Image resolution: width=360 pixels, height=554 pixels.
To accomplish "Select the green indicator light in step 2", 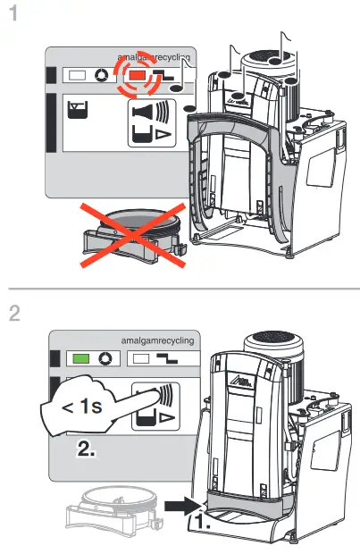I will (78, 357).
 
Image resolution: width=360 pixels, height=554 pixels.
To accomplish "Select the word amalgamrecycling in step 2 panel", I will (158, 340).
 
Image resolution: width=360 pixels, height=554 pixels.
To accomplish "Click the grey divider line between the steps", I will (180, 288).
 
